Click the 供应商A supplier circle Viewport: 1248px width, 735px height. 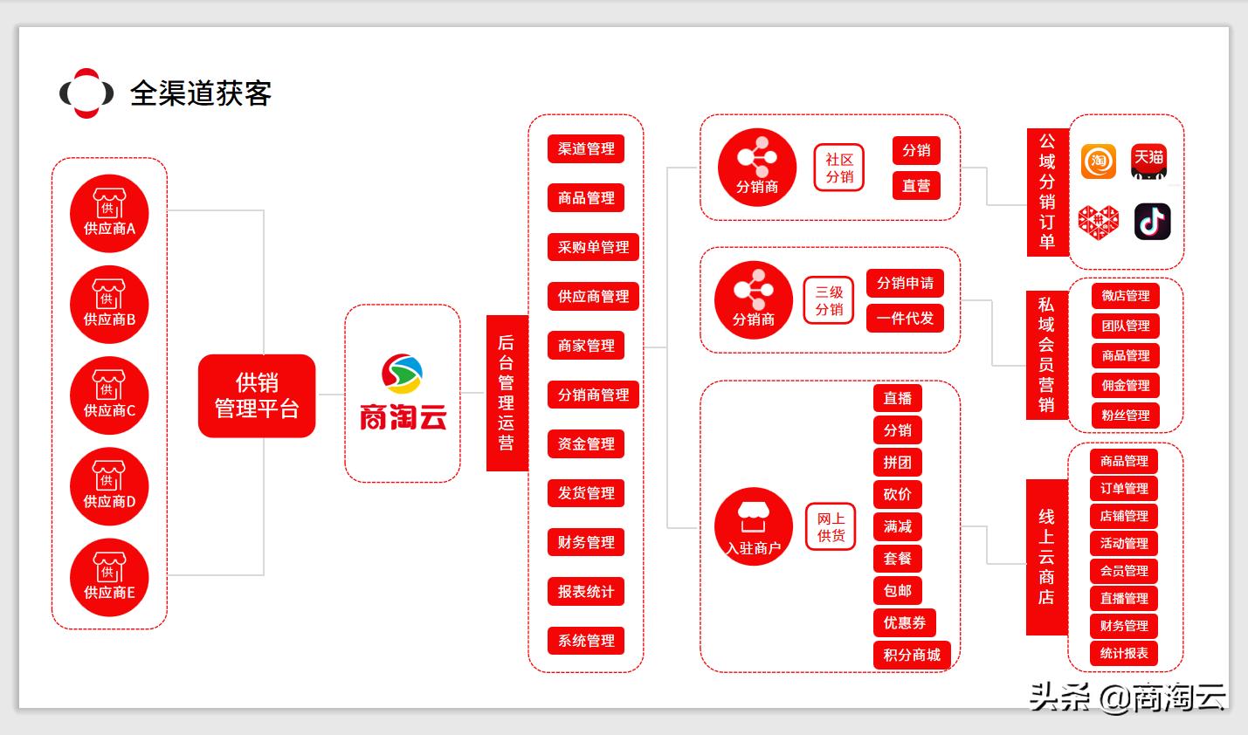click(x=109, y=214)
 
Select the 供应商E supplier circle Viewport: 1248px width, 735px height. click(x=109, y=578)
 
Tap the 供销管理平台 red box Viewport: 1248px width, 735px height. click(x=257, y=395)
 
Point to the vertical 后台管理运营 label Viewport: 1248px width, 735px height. click(x=507, y=393)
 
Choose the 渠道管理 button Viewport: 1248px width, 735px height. click(x=586, y=149)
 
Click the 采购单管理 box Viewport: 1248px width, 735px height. click(x=593, y=247)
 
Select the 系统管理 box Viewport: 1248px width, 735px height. click(x=586, y=641)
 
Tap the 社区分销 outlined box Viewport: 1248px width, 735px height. click(x=838, y=168)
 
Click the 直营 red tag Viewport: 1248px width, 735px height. click(x=916, y=186)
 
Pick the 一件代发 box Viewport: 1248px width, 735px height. click(x=905, y=319)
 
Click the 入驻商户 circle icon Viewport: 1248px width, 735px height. click(x=754, y=526)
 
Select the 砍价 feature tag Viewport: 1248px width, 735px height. click(x=897, y=494)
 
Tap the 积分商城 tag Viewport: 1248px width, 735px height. click(x=912, y=655)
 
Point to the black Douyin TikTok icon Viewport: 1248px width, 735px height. click(x=1152, y=222)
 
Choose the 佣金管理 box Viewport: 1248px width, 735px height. click(x=1125, y=385)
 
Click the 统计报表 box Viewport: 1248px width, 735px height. click(x=1124, y=653)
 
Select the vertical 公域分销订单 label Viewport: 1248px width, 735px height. click(x=1047, y=192)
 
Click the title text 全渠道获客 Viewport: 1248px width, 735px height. click(x=201, y=93)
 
